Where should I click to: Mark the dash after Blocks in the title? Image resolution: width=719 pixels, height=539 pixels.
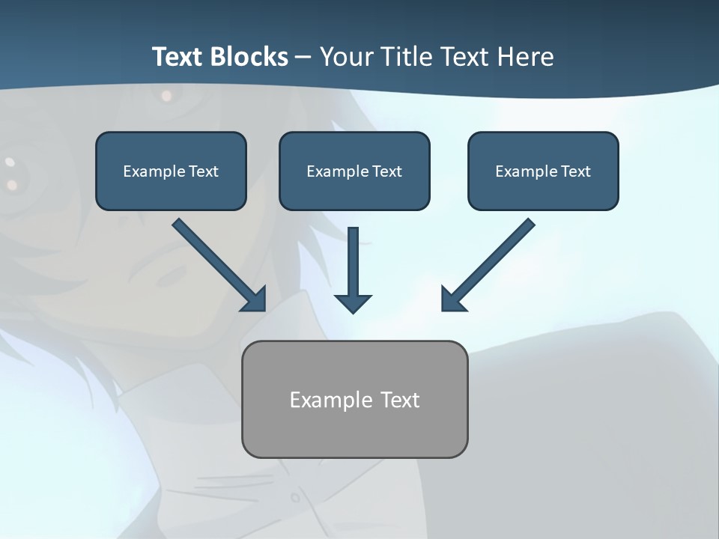303,58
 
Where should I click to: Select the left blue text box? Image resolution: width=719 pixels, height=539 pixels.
171,171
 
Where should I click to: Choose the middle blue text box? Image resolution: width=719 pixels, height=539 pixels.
354,171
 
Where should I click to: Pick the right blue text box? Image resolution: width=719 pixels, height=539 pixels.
543,171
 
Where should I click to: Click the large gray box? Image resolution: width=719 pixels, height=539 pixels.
354,399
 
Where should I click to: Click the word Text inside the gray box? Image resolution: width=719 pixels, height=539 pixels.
400,400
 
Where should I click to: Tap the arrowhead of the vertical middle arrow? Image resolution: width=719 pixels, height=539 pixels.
353,303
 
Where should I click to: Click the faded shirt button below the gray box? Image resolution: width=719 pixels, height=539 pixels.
297,497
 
